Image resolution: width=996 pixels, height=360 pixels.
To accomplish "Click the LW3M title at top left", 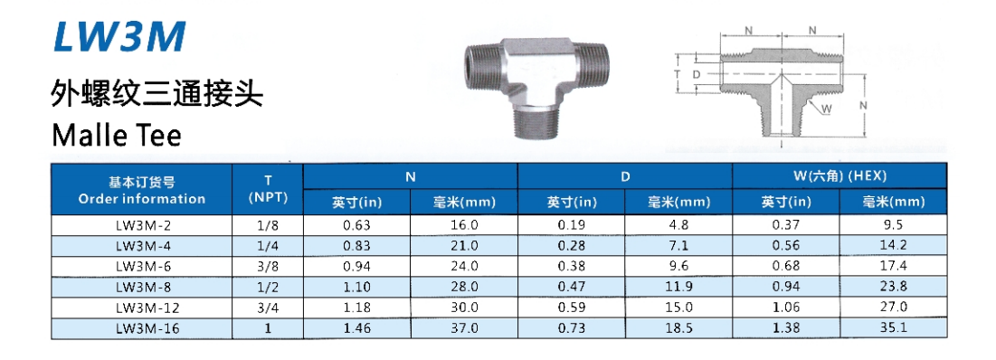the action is (x=120, y=36).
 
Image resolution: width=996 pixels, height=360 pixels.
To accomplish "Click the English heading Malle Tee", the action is (x=117, y=135).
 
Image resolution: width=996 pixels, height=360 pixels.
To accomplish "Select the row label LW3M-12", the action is (x=148, y=308).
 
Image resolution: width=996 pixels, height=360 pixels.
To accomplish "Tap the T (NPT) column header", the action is (x=268, y=188).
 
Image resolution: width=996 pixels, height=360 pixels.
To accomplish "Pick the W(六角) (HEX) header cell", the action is (x=839, y=175).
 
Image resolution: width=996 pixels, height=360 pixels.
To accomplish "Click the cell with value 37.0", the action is (x=464, y=327).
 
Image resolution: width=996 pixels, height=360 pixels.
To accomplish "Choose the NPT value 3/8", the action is (x=268, y=265).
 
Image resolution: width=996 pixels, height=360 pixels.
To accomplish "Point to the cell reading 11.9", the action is (x=679, y=287).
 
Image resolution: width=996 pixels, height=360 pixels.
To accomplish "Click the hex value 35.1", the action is (x=894, y=327).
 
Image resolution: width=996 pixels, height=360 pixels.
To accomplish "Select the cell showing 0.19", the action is (x=572, y=224).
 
